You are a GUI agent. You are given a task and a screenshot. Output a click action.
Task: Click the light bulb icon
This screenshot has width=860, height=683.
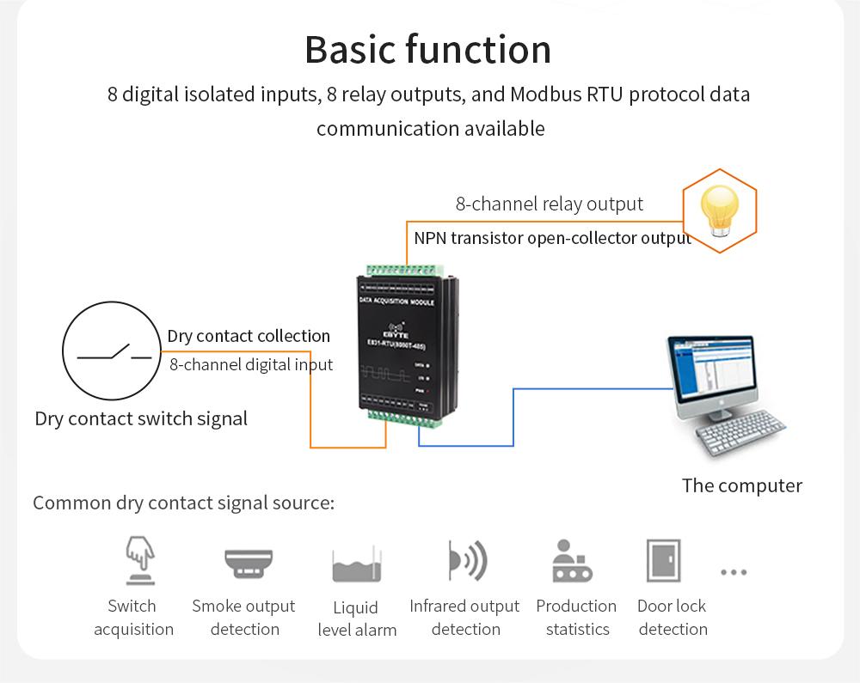pyautogui.click(x=720, y=211)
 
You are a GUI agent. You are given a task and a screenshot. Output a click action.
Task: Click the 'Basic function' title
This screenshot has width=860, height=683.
pyautogui.click(x=427, y=50)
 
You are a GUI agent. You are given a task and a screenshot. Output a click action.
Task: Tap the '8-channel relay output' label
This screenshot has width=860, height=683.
pyautogui.click(x=549, y=204)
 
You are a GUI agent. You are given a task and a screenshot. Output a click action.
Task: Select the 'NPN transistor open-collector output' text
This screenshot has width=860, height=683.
pyautogui.click(x=552, y=238)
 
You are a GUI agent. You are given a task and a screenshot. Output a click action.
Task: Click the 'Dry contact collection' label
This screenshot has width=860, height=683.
pyautogui.click(x=249, y=336)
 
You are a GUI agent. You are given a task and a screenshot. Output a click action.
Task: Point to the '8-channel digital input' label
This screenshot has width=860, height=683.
pyautogui.click(x=250, y=364)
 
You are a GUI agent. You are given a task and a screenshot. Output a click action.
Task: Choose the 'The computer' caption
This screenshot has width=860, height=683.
pyautogui.click(x=741, y=485)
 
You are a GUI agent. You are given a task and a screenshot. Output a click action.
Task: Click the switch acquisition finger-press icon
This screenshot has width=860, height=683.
pyautogui.click(x=136, y=559)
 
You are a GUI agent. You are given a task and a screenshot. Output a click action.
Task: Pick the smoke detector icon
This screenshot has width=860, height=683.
pyautogui.click(x=248, y=564)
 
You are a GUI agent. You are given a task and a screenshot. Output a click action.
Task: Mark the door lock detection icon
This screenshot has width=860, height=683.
pyautogui.click(x=664, y=561)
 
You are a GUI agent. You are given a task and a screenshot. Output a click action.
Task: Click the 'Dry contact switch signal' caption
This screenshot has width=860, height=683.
pyautogui.click(x=141, y=419)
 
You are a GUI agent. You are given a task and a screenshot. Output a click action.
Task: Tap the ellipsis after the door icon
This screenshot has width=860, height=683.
pyautogui.click(x=734, y=571)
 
